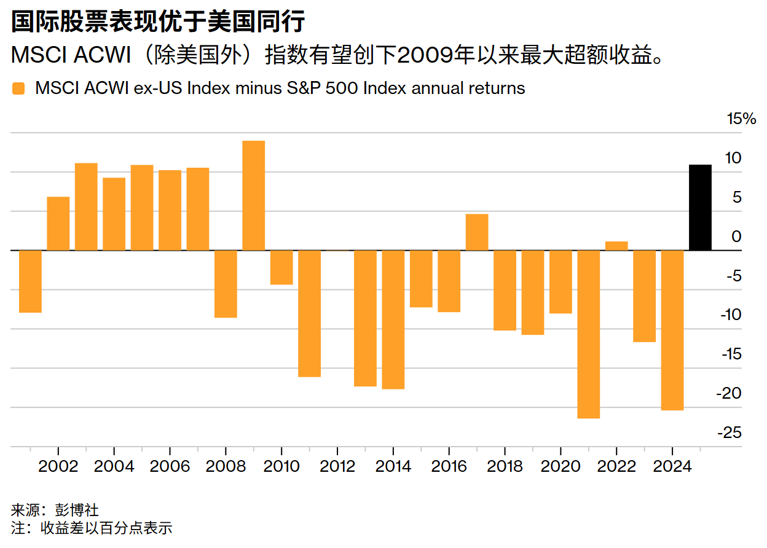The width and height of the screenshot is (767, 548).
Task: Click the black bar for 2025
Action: (700, 208)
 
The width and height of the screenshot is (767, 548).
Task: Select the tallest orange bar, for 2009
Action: (254, 195)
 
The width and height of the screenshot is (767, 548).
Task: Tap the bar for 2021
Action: (588, 334)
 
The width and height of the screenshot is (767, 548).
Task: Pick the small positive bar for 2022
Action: (616, 246)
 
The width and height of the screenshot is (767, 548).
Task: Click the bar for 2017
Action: (477, 232)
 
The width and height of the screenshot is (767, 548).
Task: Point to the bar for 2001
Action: (30, 281)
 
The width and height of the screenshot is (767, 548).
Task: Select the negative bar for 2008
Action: (226, 284)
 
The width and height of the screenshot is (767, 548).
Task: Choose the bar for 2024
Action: (672, 330)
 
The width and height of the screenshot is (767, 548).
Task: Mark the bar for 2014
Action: (393, 319)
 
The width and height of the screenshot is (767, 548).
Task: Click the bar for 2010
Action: (281, 267)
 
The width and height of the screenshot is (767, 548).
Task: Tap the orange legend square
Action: (18, 88)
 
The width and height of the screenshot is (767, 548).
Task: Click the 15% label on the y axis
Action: (741, 119)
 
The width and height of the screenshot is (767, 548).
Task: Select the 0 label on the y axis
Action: (736, 237)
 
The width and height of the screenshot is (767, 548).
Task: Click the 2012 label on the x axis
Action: (337, 466)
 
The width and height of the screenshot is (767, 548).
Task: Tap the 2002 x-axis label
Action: (58, 466)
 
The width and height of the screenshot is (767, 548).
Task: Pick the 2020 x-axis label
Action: (560, 466)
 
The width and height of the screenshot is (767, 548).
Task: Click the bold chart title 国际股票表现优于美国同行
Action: (159, 22)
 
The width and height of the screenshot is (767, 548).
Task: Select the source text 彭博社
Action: (81, 509)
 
